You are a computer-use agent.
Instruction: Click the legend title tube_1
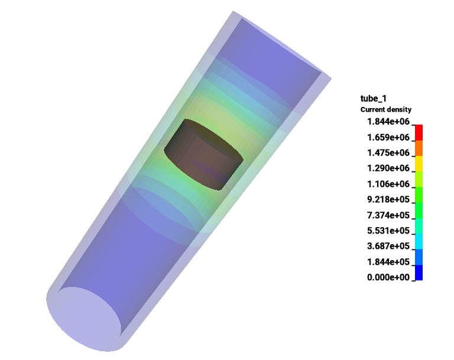click(x=373, y=99)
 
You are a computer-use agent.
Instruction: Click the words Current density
click(x=386, y=109)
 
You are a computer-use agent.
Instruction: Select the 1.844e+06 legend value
click(x=388, y=121)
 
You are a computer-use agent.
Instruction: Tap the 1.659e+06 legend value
click(x=388, y=137)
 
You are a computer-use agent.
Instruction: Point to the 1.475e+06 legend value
click(x=388, y=153)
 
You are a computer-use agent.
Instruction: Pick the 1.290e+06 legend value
click(x=388, y=168)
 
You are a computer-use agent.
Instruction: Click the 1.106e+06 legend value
click(x=388, y=184)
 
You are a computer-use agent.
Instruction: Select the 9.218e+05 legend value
click(x=388, y=199)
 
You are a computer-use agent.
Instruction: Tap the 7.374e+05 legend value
click(x=388, y=215)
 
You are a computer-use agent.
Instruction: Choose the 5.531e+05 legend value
click(x=388, y=231)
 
